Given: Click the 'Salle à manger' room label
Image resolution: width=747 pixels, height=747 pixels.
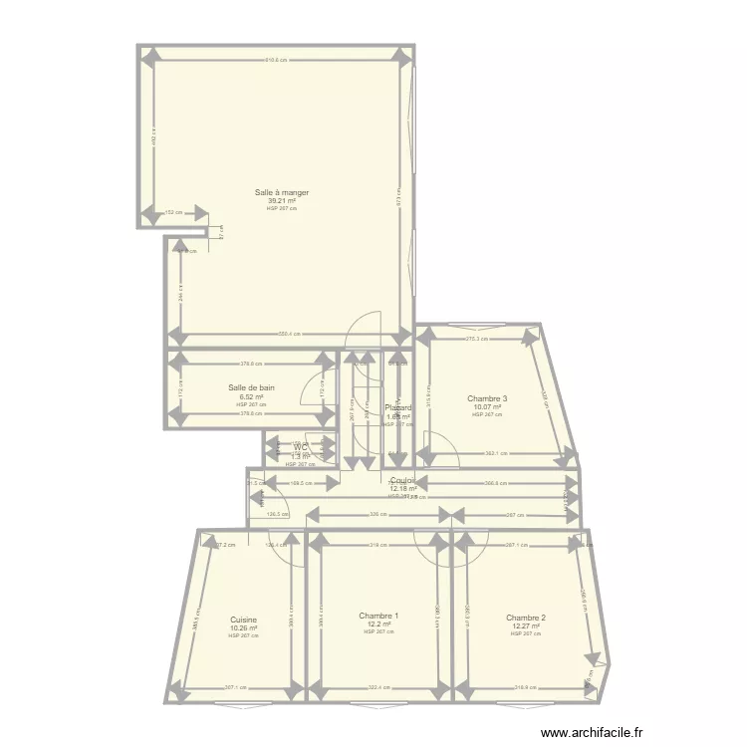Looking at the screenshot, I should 281,192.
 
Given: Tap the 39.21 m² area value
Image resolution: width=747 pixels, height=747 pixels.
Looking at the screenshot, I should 281,200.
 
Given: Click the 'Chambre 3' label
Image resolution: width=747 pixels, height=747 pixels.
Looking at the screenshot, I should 487,398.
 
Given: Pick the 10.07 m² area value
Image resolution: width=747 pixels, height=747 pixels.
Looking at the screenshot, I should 487,406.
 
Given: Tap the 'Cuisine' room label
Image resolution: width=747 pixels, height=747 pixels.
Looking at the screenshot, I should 243,620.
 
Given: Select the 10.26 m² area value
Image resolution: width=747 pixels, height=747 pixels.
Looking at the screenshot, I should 243,627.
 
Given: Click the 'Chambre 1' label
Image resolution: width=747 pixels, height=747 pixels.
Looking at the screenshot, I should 378,616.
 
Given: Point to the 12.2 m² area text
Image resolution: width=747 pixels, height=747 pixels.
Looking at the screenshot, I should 378,623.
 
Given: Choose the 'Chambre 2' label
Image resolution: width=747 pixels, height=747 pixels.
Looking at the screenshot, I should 525,618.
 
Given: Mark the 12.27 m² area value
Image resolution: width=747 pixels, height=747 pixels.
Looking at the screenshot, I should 525,625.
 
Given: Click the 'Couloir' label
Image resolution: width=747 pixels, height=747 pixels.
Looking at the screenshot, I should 402,481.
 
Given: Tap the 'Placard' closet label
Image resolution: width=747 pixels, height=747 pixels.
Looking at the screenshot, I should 398,408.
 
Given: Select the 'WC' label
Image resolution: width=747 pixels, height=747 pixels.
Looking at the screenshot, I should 300,448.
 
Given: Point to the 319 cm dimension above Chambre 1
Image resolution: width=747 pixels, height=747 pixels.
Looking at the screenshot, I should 376,545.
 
